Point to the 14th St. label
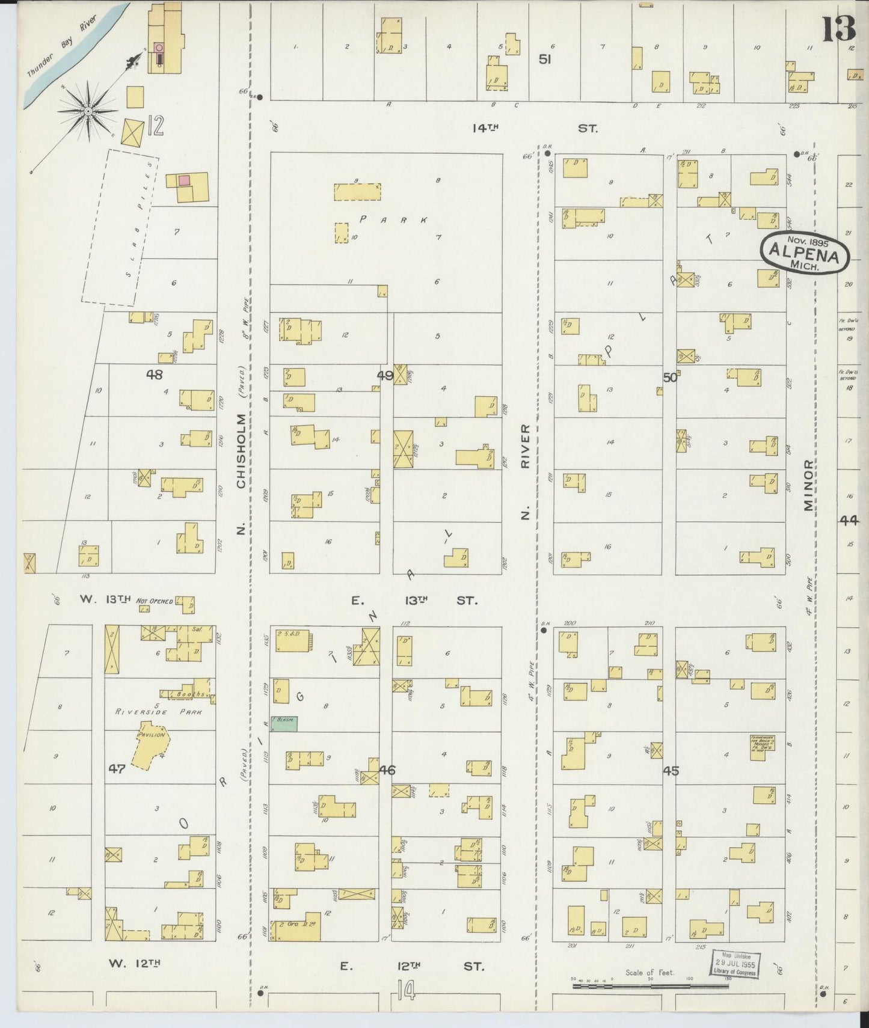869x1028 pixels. pyautogui.click(x=535, y=128)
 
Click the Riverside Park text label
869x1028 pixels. pyautogui.click(x=158, y=712)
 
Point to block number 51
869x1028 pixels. pyautogui.click(x=545, y=59)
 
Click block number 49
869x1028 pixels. pyautogui.click(x=385, y=375)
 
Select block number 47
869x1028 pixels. pyautogui.click(x=117, y=768)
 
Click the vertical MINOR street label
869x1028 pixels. pyautogui.click(x=808, y=486)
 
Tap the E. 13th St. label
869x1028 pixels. pyautogui.click(x=414, y=600)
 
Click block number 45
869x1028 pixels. pyautogui.click(x=671, y=770)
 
